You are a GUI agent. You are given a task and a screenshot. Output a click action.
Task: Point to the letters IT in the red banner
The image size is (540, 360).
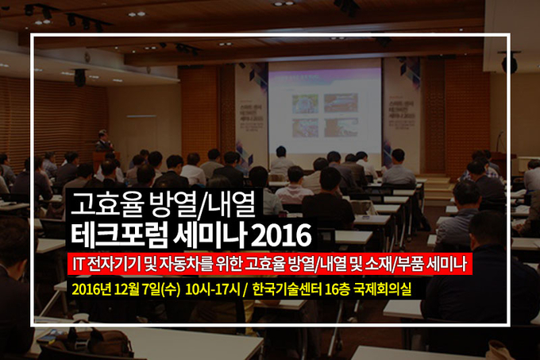78,265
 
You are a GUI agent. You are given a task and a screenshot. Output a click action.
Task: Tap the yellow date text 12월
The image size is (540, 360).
126,290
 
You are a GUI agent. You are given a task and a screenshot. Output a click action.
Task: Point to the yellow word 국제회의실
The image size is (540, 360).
382,290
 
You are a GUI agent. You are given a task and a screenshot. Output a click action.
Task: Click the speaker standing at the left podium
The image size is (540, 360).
104,141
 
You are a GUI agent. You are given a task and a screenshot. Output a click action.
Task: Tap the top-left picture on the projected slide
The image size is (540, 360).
305,103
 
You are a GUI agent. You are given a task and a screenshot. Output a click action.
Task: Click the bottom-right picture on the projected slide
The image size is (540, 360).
341,127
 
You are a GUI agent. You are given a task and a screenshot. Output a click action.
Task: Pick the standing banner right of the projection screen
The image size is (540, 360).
402,114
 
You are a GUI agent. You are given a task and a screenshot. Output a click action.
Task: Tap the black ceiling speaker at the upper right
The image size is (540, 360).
509,63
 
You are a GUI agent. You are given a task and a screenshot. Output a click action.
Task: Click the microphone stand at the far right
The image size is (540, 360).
498,142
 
